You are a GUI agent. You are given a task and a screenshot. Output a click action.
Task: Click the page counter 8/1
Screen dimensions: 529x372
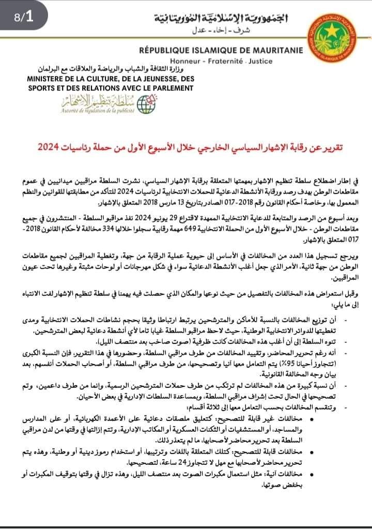click(x=24, y=16)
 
